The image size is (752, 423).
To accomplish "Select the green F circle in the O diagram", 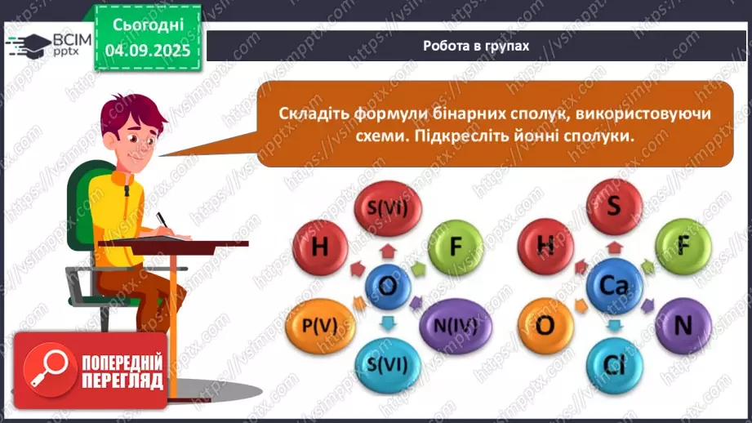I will (x=456, y=246).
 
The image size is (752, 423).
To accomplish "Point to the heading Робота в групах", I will (x=476, y=46).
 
